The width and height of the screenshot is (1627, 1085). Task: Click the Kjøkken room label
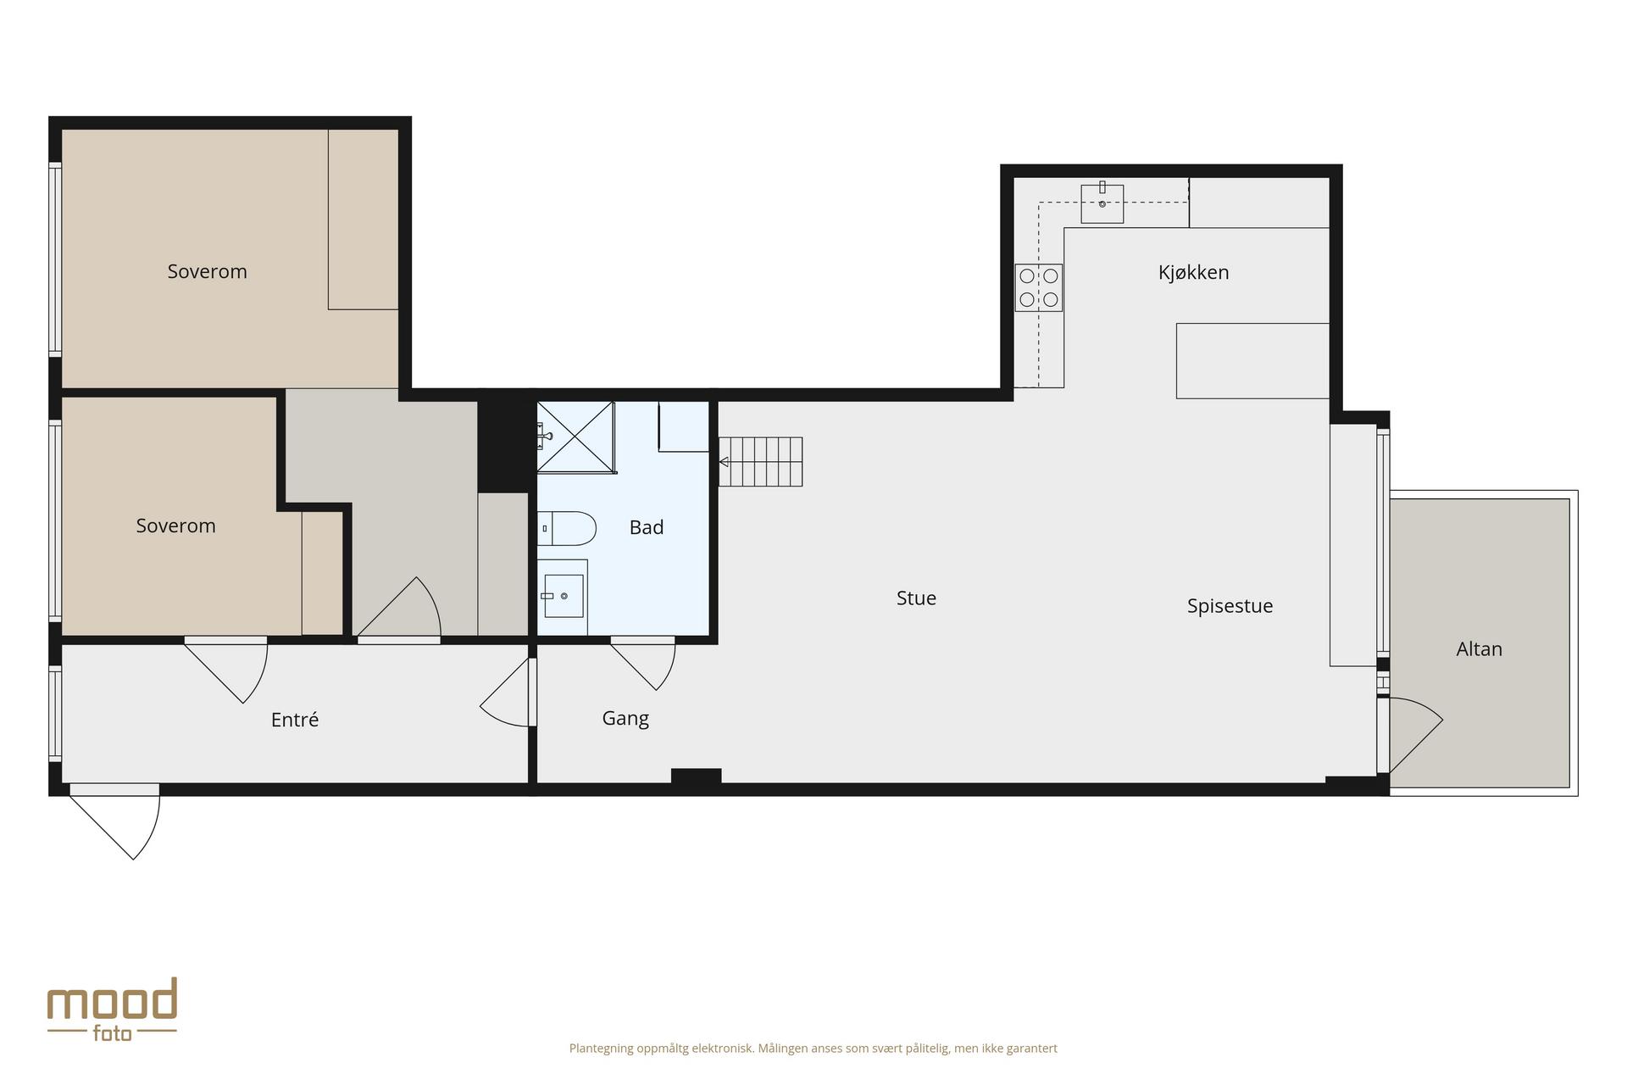tap(1193, 272)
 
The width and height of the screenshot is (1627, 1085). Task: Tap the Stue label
tap(916, 598)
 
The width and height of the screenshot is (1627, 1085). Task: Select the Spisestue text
tap(1230, 606)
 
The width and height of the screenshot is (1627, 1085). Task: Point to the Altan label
tap(1479, 648)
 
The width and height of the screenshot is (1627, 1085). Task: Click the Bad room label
tap(646, 527)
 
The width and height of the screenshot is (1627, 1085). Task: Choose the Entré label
tap(295, 719)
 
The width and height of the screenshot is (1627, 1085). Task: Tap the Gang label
tap(625, 719)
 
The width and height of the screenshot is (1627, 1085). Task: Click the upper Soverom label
tap(207, 271)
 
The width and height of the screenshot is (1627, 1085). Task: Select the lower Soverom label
tap(175, 526)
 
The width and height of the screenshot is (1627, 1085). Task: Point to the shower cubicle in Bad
tap(576, 437)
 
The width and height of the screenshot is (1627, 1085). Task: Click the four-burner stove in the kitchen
tap(1039, 287)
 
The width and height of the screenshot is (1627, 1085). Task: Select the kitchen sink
tap(1102, 203)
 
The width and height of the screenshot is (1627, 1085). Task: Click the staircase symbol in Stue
tap(761, 461)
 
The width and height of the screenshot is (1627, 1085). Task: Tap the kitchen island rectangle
tap(1252, 360)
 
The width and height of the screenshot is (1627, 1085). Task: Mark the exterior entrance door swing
tap(119, 821)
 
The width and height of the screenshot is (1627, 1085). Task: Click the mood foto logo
tap(112, 1009)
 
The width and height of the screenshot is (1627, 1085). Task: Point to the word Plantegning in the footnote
tap(602, 1049)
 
